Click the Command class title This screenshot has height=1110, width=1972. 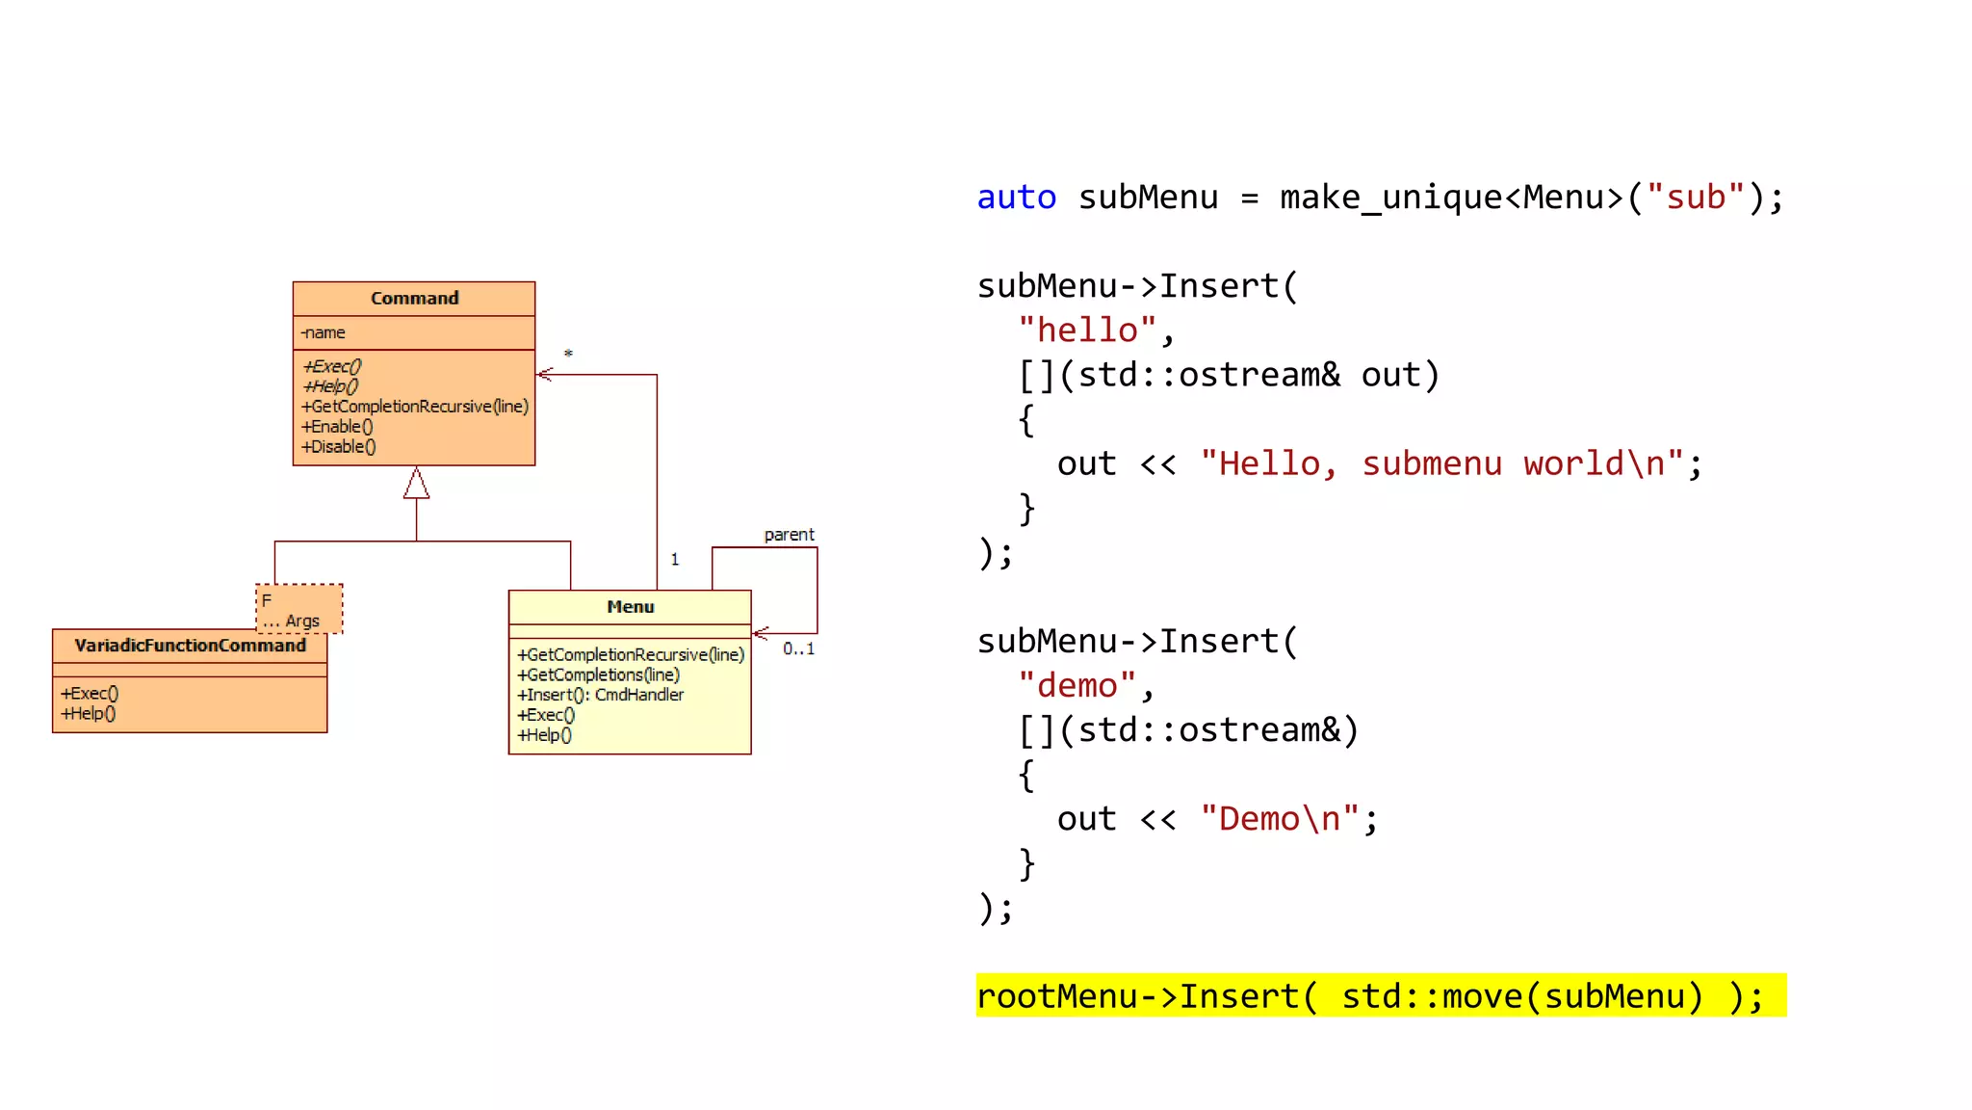[x=414, y=298]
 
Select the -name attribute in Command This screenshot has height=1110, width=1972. [x=324, y=332]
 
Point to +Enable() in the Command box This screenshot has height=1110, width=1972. [x=337, y=426]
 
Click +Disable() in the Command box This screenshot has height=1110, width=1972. [x=339, y=446]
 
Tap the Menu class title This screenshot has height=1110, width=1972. [x=630, y=606]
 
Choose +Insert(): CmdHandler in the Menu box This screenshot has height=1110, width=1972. [x=600, y=695]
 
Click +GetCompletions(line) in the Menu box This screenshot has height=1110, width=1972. [x=598, y=674]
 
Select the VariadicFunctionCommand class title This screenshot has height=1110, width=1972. [x=190, y=646]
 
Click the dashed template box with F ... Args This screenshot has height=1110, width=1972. [x=299, y=608]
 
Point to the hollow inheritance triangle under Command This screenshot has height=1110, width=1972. [x=416, y=484]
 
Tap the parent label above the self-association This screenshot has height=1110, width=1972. [x=789, y=535]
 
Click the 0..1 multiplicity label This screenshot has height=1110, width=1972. [x=798, y=648]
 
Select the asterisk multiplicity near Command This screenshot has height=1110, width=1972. [x=568, y=354]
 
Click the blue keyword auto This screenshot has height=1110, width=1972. [x=1016, y=198]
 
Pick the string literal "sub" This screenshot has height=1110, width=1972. [x=1695, y=198]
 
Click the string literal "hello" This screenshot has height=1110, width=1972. [x=1086, y=330]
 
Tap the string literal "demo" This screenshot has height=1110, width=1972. [x=1077, y=686]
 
